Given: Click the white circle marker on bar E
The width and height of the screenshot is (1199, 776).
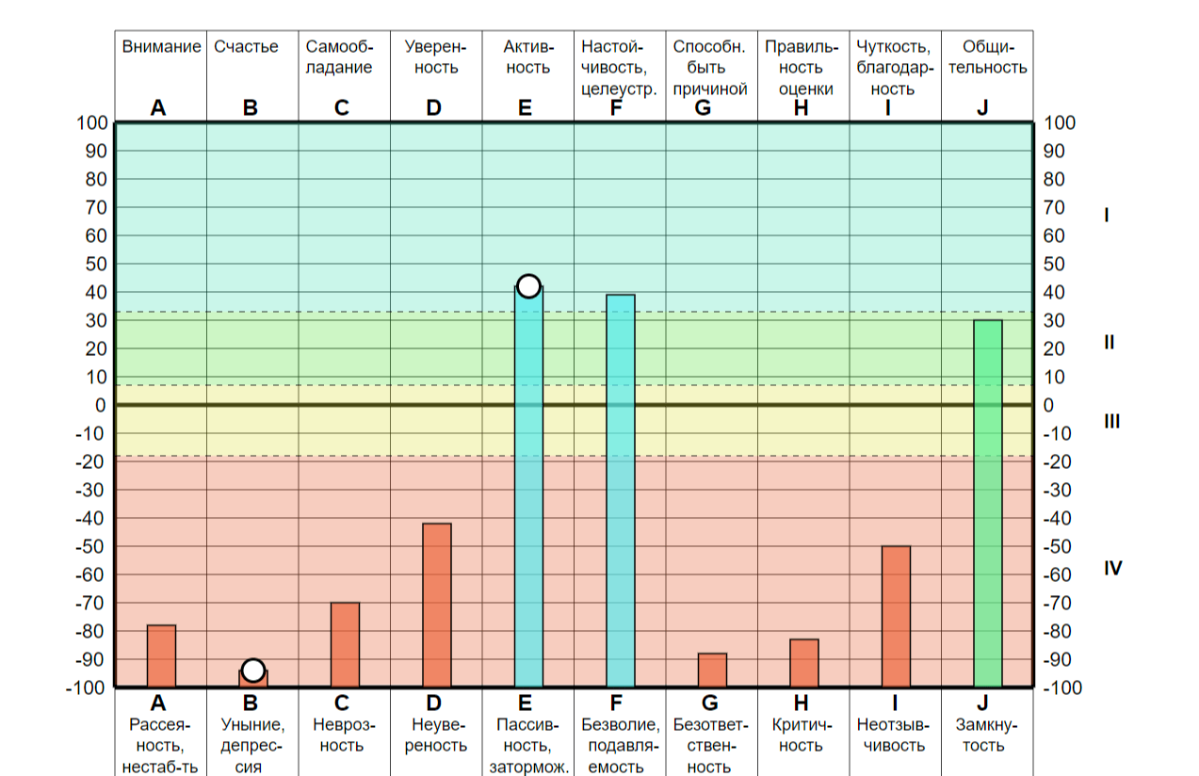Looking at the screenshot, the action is click(528, 286).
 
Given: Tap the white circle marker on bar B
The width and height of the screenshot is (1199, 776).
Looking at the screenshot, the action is click(253, 670).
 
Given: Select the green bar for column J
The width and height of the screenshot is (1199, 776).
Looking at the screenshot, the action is click(988, 504).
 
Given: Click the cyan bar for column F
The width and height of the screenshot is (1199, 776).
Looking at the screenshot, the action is click(621, 491).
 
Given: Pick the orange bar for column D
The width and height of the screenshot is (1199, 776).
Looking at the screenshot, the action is click(437, 606).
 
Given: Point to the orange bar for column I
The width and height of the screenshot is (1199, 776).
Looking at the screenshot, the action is click(896, 617).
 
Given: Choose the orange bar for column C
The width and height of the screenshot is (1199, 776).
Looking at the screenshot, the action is click(345, 645).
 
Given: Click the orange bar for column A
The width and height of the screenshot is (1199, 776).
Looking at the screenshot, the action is click(161, 656).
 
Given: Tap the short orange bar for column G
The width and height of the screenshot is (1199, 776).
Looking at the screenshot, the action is click(712, 670).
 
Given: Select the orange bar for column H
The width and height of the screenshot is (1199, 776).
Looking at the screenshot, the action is click(804, 663).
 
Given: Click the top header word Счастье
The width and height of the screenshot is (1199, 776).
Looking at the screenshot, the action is click(246, 46).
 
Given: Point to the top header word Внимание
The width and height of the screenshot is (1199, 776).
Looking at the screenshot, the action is click(161, 46).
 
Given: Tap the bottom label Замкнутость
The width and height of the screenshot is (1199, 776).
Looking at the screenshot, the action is click(986, 735).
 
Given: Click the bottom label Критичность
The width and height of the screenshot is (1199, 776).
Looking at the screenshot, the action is click(802, 735).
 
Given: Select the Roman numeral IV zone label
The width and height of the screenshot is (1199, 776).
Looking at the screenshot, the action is click(1112, 568).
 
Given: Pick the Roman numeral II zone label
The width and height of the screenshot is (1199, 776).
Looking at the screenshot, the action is click(1110, 342).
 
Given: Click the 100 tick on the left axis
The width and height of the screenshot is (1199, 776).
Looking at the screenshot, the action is click(92, 123).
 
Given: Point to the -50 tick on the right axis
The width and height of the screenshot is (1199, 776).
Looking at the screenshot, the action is click(1057, 546).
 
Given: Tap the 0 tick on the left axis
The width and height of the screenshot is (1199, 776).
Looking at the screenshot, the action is click(100, 405).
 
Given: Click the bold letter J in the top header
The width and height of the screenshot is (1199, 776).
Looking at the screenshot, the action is click(982, 108).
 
